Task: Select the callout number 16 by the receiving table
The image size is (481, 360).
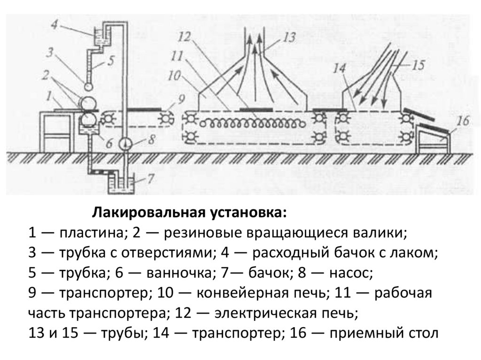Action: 462,122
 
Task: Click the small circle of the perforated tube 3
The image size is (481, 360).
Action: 87,86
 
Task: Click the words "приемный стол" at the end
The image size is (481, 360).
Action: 384,334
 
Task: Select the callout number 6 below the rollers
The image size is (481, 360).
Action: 109,144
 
